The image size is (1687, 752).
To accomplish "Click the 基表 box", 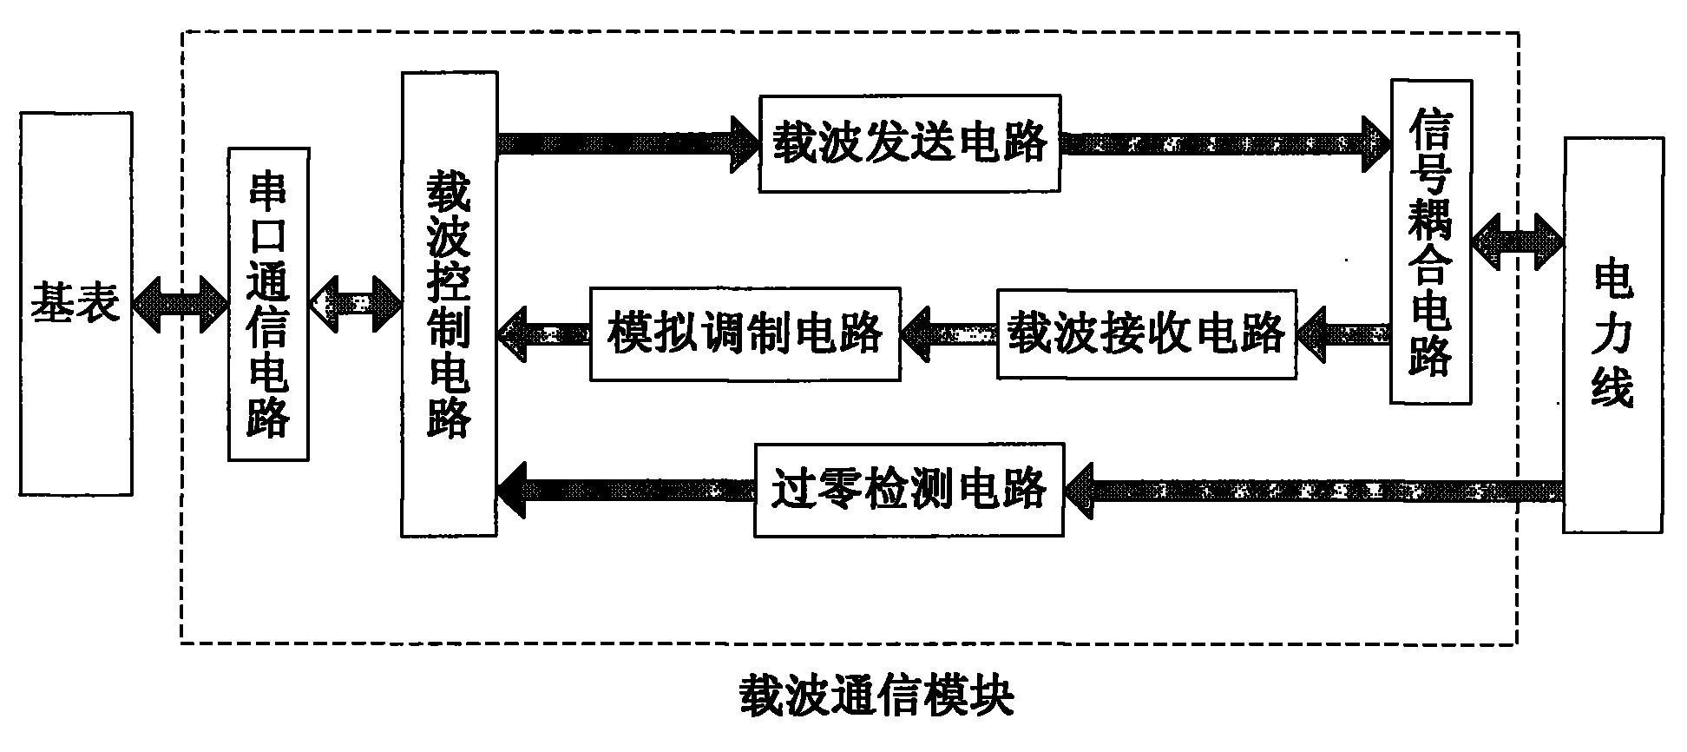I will click(76, 304).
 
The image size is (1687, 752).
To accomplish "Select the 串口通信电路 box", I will click(268, 304).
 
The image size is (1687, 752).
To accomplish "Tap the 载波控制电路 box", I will click(449, 304).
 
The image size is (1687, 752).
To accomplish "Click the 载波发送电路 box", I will click(909, 143).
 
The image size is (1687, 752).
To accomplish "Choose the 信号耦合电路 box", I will click(1430, 241).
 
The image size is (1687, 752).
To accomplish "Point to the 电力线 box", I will click(1613, 334).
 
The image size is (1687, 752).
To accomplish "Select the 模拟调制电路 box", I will click(745, 333).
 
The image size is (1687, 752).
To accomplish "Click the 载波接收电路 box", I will click(1145, 333).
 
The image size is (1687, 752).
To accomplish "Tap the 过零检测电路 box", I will click(909, 490).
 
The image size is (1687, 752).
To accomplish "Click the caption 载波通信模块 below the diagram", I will click(876, 696).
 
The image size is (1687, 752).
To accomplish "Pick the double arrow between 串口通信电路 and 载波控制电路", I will click(355, 304).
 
